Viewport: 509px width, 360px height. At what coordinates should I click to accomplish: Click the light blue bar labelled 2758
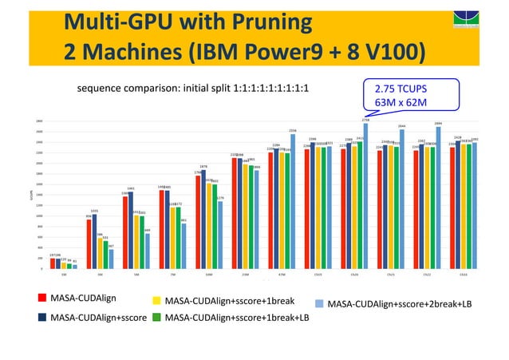pos(365,196)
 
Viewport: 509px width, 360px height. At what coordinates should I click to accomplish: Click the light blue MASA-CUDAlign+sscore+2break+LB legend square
pos(319,303)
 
